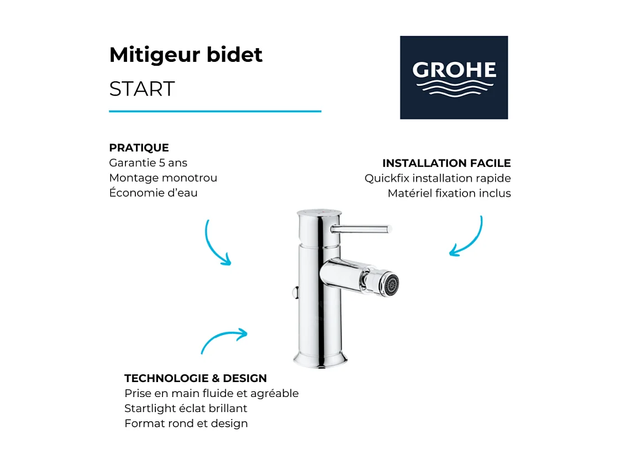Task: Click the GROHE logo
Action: point(454,77)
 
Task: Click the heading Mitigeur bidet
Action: point(186,55)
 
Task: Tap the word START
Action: point(142,89)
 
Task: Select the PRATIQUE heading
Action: point(139,148)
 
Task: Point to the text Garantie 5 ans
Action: point(148,163)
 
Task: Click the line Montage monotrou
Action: point(163,178)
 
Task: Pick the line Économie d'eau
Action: point(153,193)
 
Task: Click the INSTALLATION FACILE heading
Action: point(446,163)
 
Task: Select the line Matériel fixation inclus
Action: point(449,193)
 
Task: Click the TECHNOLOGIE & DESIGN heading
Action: point(196,379)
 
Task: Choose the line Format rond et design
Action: point(186,424)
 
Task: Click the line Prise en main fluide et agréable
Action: point(212,394)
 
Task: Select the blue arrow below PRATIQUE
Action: point(217,243)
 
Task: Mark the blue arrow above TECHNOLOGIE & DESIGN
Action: point(224,339)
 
